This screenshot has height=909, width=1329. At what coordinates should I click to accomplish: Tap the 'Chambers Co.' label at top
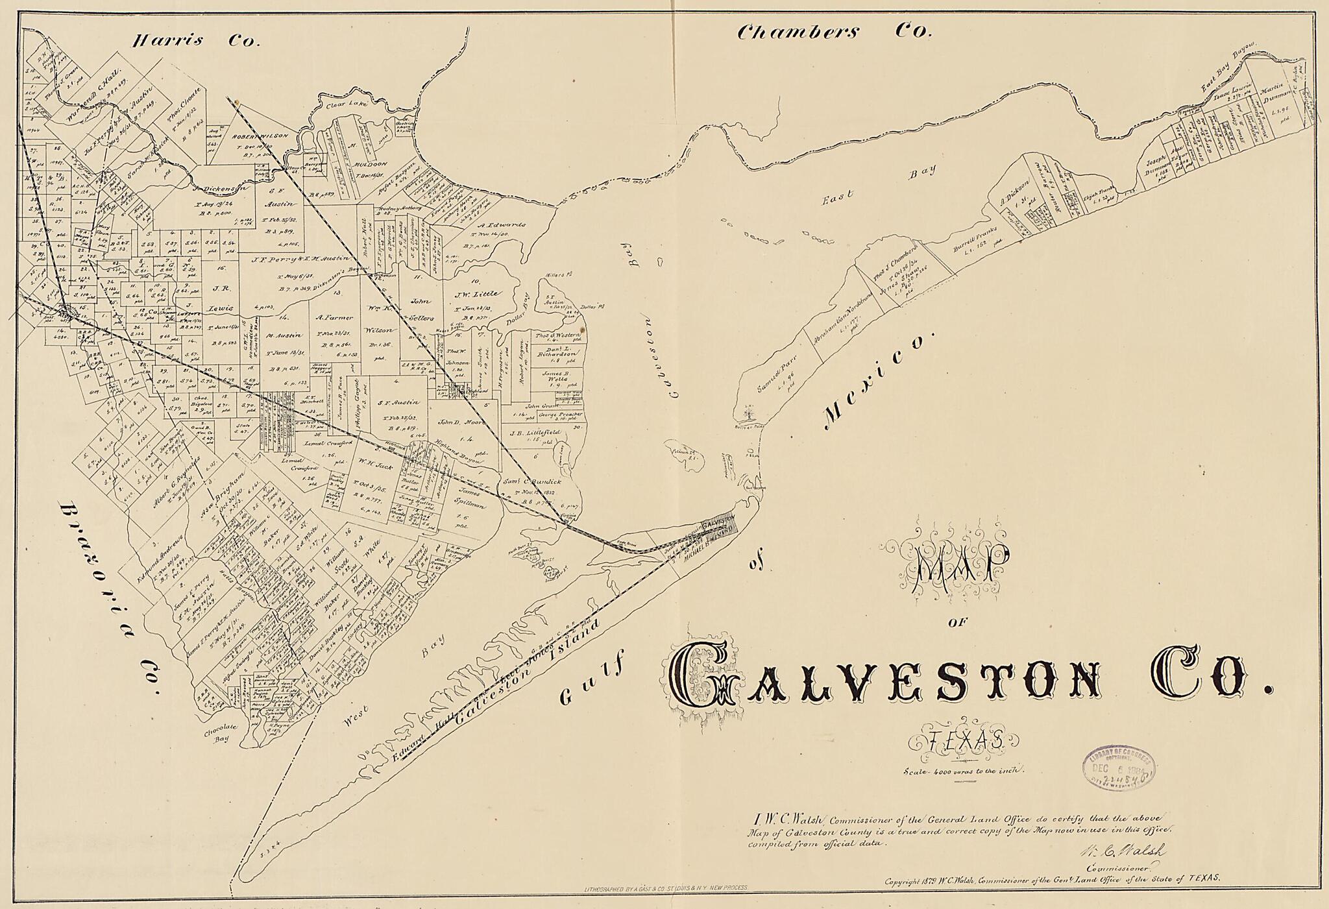click(833, 32)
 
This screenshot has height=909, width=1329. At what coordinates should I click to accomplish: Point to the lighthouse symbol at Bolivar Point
click(750, 411)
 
